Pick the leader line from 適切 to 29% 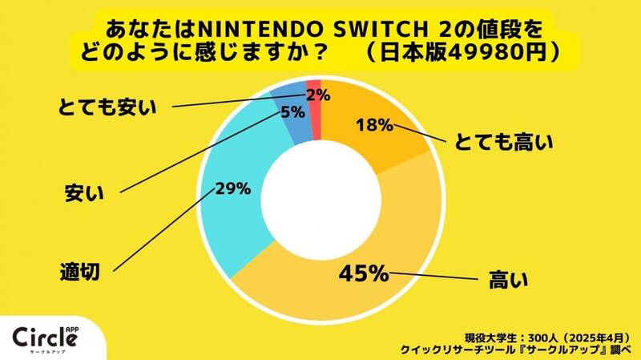(160, 233)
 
